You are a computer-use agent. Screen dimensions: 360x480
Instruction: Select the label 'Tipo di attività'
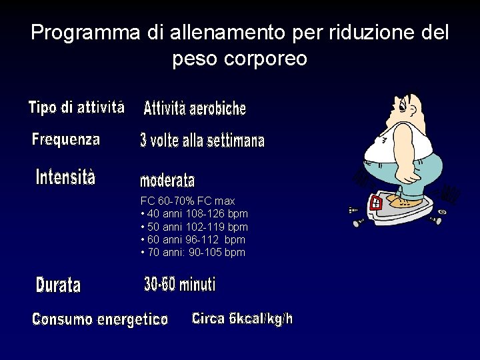click(x=76, y=107)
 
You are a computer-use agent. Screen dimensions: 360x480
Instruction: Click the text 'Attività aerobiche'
click(x=195, y=107)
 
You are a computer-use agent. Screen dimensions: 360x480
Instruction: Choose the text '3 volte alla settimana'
click(x=202, y=141)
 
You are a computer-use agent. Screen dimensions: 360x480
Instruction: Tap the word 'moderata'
click(x=167, y=181)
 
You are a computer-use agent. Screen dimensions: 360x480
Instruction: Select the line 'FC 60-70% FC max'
click(x=187, y=201)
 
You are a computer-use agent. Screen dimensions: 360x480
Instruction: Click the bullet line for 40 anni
click(x=194, y=214)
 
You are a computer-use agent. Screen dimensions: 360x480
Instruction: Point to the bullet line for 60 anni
click(x=193, y=239)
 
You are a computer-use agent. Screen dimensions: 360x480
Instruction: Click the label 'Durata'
click(x=58, y=285)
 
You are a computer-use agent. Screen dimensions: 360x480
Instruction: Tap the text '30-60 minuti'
click(x=180, y=285)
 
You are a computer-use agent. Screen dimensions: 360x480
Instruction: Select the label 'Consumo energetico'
click(x=100, y=319)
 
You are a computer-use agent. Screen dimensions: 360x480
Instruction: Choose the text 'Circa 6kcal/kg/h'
click(x=242, y=319)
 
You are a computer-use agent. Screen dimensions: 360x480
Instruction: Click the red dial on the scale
click(x=375, y=203)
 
